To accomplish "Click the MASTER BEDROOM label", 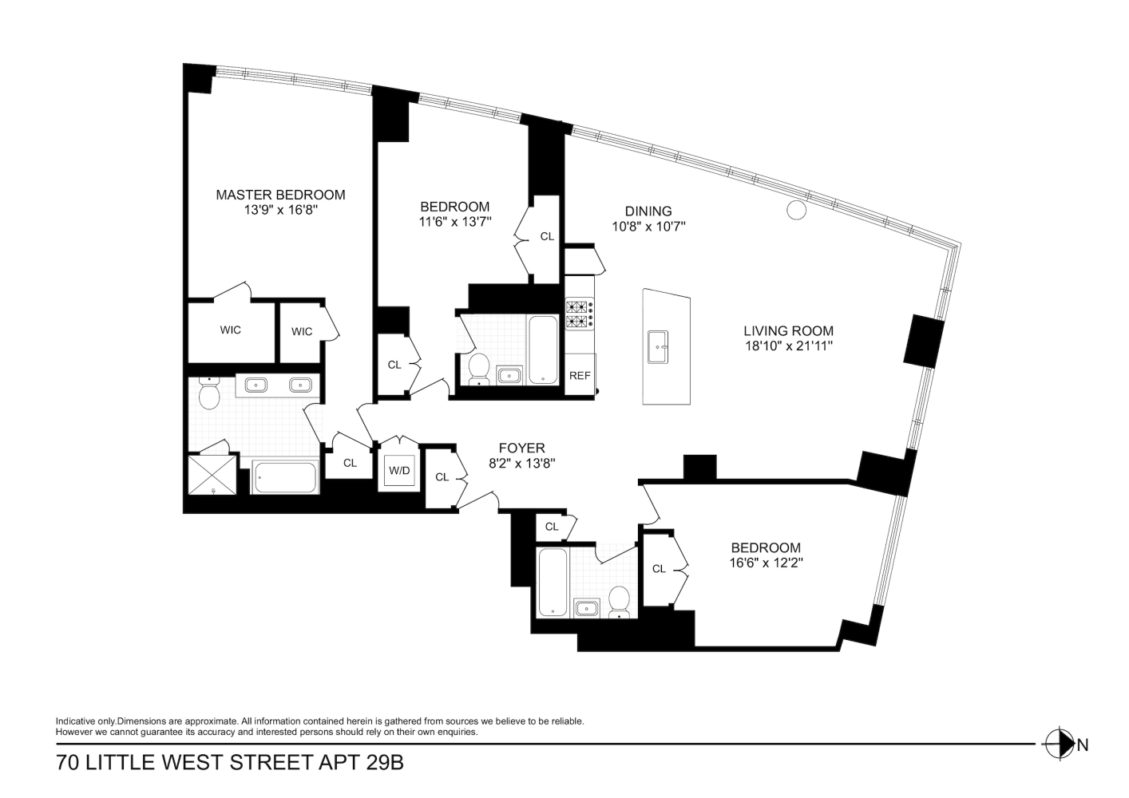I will click(280, 195).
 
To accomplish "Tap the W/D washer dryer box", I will click(399, 471).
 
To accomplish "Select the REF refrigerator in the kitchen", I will click(580, 375).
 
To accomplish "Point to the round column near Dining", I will click(796, 210).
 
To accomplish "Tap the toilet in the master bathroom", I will click(209, 394).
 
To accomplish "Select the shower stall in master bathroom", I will click(212, 474).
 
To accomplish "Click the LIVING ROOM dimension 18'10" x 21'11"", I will click(788, 346).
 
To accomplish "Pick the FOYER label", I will click(521, 448).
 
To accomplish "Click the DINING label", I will click(648, 211).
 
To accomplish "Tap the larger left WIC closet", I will click(231, 330).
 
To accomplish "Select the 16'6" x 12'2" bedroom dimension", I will click(765, 563).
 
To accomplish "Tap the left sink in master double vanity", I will click(256, 385).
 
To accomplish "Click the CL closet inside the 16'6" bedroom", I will click(660, 569).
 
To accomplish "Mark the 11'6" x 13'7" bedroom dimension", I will click(455, 223).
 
